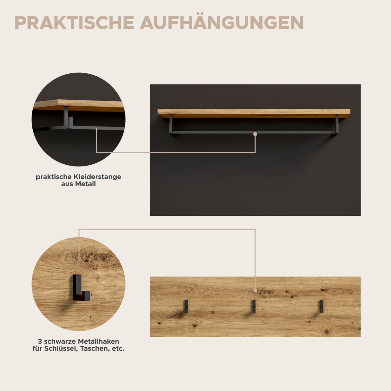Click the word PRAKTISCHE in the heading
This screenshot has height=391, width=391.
click(74, 23)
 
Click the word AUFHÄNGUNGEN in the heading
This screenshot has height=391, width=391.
click(222, 23)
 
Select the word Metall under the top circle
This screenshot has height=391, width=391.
click(86, 184)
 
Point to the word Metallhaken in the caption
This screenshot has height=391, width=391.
click(98, 341)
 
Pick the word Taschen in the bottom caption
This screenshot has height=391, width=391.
click(95, 349)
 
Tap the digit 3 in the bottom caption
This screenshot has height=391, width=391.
click(40, 341)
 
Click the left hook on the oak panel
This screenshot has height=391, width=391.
click(186, 306)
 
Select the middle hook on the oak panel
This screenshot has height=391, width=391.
click(254, 306)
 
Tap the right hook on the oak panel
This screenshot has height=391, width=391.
click(321, 306)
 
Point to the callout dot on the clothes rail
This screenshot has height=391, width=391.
click(255, 134)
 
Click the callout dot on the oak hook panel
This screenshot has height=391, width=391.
click(255, 290)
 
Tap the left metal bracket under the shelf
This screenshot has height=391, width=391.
click(171, 125)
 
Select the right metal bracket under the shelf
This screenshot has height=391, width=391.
click(337, 125)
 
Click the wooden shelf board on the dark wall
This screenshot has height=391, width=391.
click(254, 113)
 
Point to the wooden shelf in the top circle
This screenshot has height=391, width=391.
click(79, 105)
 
